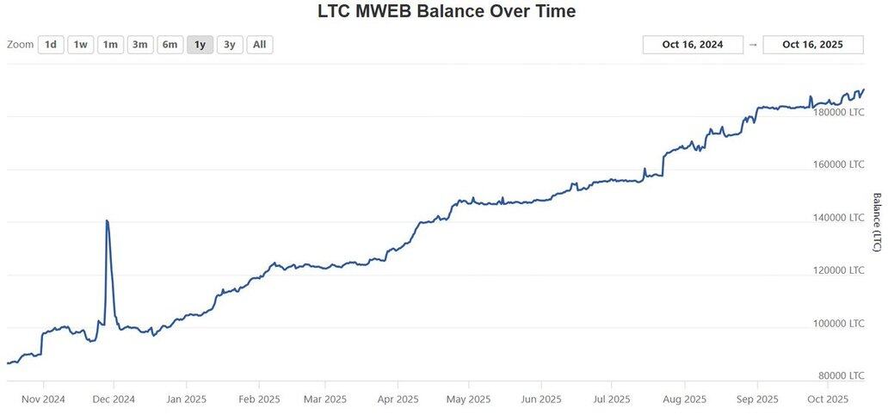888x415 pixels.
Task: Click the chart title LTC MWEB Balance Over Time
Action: (447, 12)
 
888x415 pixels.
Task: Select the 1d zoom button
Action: (51, 45)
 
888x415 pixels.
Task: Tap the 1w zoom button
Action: (80, 45)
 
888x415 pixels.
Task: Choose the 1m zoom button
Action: (109, 45)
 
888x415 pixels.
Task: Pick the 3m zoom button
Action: (140, 45)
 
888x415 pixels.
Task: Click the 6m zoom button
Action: (170, 45)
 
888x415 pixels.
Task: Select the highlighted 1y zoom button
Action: (200, 45)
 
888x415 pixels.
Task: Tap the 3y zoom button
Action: (230, 45)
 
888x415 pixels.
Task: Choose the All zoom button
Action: (260, 45)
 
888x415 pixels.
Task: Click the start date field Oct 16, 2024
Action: (693, 45)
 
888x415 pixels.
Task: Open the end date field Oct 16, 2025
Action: (812, 45)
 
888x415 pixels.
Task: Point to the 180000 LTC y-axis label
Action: (839, 112)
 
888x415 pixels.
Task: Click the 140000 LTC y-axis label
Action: (839, 218)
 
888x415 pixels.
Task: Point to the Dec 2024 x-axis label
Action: (113, 400)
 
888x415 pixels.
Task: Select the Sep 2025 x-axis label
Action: (757, 400)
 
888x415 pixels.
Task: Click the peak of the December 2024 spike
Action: (107, 221)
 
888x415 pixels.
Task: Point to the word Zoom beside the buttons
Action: (20, 45)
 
